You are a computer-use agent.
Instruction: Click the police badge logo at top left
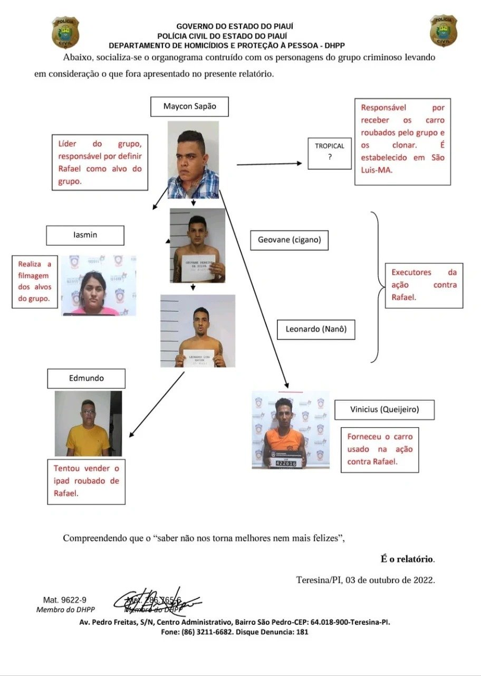[x=65, y=32]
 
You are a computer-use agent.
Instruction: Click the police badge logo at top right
[x=443, y=31]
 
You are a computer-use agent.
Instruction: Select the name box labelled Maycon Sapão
[x=189, y=106]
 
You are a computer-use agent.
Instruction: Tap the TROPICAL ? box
[x=330, y=151]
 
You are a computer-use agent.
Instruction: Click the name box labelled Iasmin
[x=85, y=235]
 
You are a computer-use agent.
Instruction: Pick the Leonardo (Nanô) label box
[x=316, y=328]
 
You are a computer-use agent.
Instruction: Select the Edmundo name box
[x=86, y=378]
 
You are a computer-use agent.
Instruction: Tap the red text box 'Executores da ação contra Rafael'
[x=424, y=285]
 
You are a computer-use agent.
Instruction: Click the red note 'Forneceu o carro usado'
[x=380, y=449]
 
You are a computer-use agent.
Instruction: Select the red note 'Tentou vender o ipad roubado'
[x=86, y=481]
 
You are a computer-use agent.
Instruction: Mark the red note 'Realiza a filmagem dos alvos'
[x=35, y=281]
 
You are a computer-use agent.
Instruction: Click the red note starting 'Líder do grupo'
[x=100, y=162]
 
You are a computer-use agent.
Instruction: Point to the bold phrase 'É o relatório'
[x=408, y=559]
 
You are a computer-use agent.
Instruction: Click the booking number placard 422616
[x=286, y=463]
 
